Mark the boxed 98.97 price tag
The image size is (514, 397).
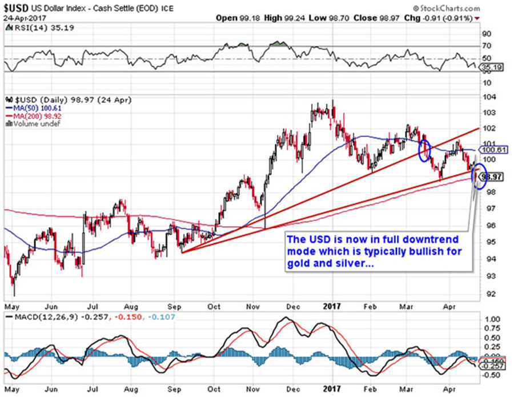coord(496,177)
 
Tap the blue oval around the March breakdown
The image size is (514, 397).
coord(424,150)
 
